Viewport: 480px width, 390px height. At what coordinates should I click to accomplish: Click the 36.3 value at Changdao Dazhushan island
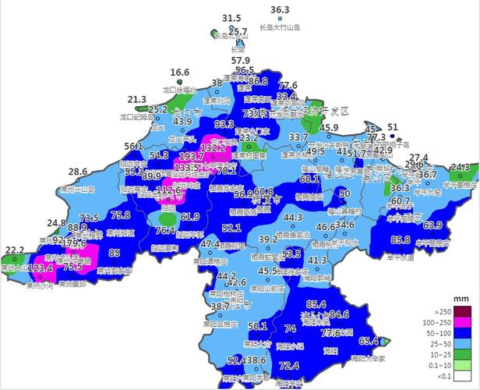(280, 10)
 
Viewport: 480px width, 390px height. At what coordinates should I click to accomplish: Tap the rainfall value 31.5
(231, 18)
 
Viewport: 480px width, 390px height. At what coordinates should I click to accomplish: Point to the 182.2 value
(213, 147)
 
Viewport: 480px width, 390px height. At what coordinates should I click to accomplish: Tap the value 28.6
(78, 172)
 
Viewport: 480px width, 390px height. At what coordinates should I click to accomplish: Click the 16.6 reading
(180, 73)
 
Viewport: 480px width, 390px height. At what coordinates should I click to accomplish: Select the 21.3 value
(137, 100)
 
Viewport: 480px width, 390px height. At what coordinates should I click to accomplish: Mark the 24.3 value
(460, 168)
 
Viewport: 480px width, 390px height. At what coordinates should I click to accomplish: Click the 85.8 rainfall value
(401, 239)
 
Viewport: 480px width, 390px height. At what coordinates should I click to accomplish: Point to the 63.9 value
(432, 225)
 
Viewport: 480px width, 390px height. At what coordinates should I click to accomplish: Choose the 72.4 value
(289, 365)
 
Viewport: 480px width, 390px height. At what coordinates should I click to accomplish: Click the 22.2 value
(15, 250)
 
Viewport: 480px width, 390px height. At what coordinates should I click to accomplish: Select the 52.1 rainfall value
(231, 228)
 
